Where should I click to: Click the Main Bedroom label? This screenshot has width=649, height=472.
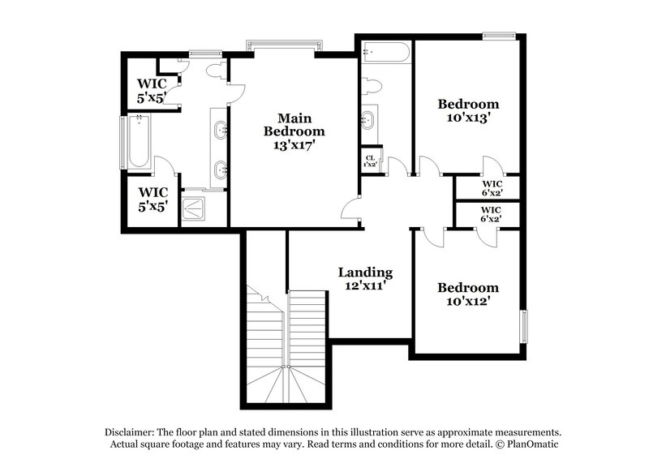[x=294, y=124]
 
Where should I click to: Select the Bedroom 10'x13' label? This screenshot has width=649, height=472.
[x=468, y=109]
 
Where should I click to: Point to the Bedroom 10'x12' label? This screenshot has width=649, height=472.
[x=468, y=294]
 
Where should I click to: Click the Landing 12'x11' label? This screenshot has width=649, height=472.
[x=365, y=278]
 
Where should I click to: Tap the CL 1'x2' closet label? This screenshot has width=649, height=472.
[x=370, y=161]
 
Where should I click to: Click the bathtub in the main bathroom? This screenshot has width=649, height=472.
[x=139, y=143]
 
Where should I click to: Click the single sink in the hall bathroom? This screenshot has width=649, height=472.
[x=368, y=120]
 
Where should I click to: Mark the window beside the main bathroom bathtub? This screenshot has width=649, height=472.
[x=123, y=143]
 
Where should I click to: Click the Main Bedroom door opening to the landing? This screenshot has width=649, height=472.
[x=350, y=210]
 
